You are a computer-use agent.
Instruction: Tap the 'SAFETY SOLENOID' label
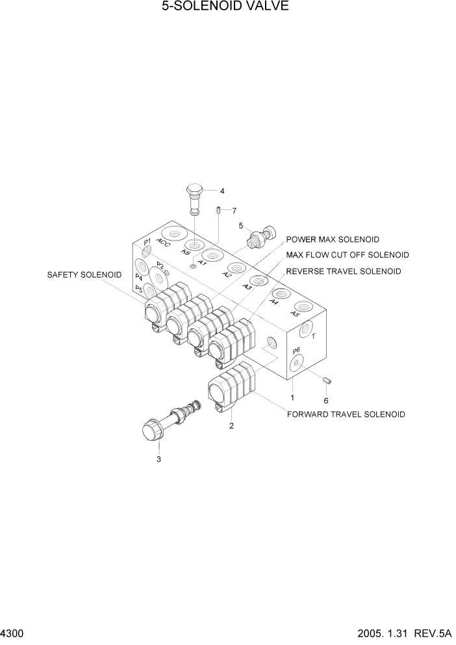coord(84,275)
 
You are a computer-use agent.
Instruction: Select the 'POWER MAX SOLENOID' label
coord(333,240)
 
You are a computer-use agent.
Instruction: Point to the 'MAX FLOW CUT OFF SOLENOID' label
coord(348,255)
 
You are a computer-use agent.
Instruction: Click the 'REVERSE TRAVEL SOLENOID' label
coord(344,271)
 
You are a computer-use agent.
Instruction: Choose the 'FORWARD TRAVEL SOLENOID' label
coord(346,414)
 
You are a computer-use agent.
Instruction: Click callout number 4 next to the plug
coord(222,191)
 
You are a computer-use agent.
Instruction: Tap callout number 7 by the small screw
coord(234,210)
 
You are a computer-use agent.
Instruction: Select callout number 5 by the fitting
coord(240,226)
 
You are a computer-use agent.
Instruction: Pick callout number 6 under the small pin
coord(326,401)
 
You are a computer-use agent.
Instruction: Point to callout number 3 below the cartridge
coord(158,460)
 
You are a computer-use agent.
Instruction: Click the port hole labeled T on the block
coord(305,330)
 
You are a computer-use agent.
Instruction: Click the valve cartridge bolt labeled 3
coord(159,426)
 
